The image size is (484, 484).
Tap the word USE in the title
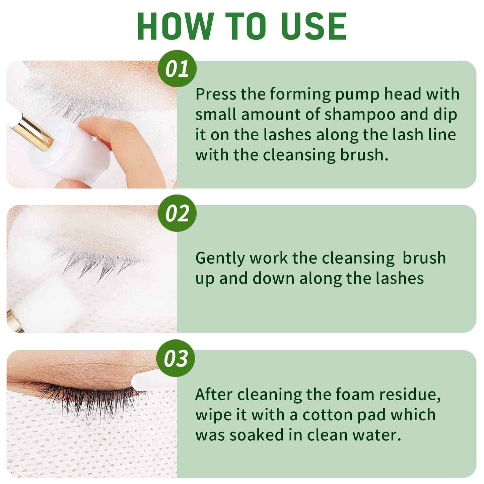pos(313,27)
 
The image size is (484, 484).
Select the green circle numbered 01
pos(177,69)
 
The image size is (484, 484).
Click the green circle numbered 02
pos(177,213)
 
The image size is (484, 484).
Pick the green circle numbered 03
pos(176,358)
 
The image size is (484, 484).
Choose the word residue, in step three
pos(410,395)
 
